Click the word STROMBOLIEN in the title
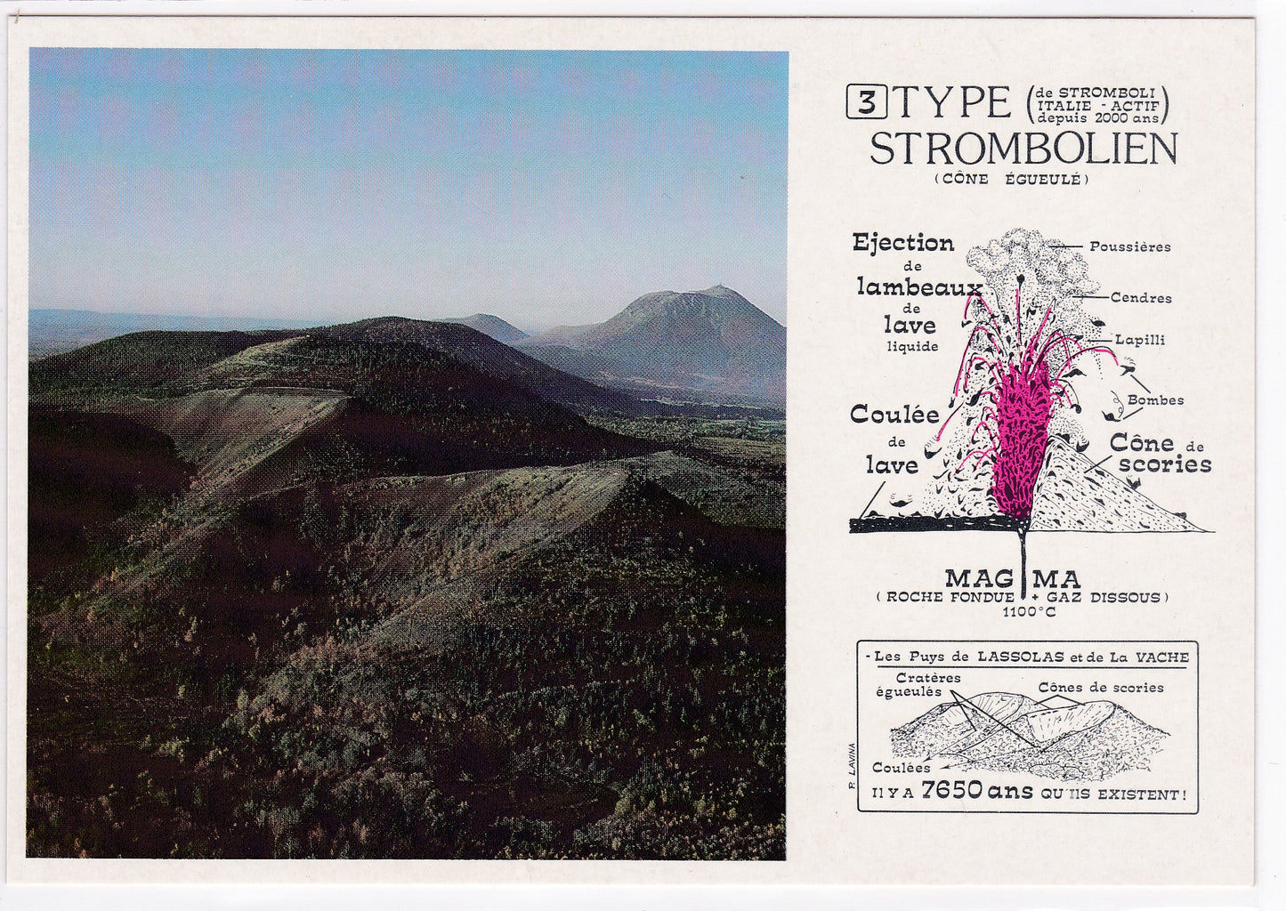[x=1023, y=149]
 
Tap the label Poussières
[x=1129, y=246]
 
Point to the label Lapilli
[x=1140, y=340]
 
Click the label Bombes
[x=1155, y=400]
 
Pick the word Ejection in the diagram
[x=902, y=243]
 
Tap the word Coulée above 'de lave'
[x=894, y=414]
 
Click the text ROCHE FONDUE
[x=950, y=598]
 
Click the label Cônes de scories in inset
[x=1100, y=688]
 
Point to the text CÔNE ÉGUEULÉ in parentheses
[x=1012, y=179]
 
